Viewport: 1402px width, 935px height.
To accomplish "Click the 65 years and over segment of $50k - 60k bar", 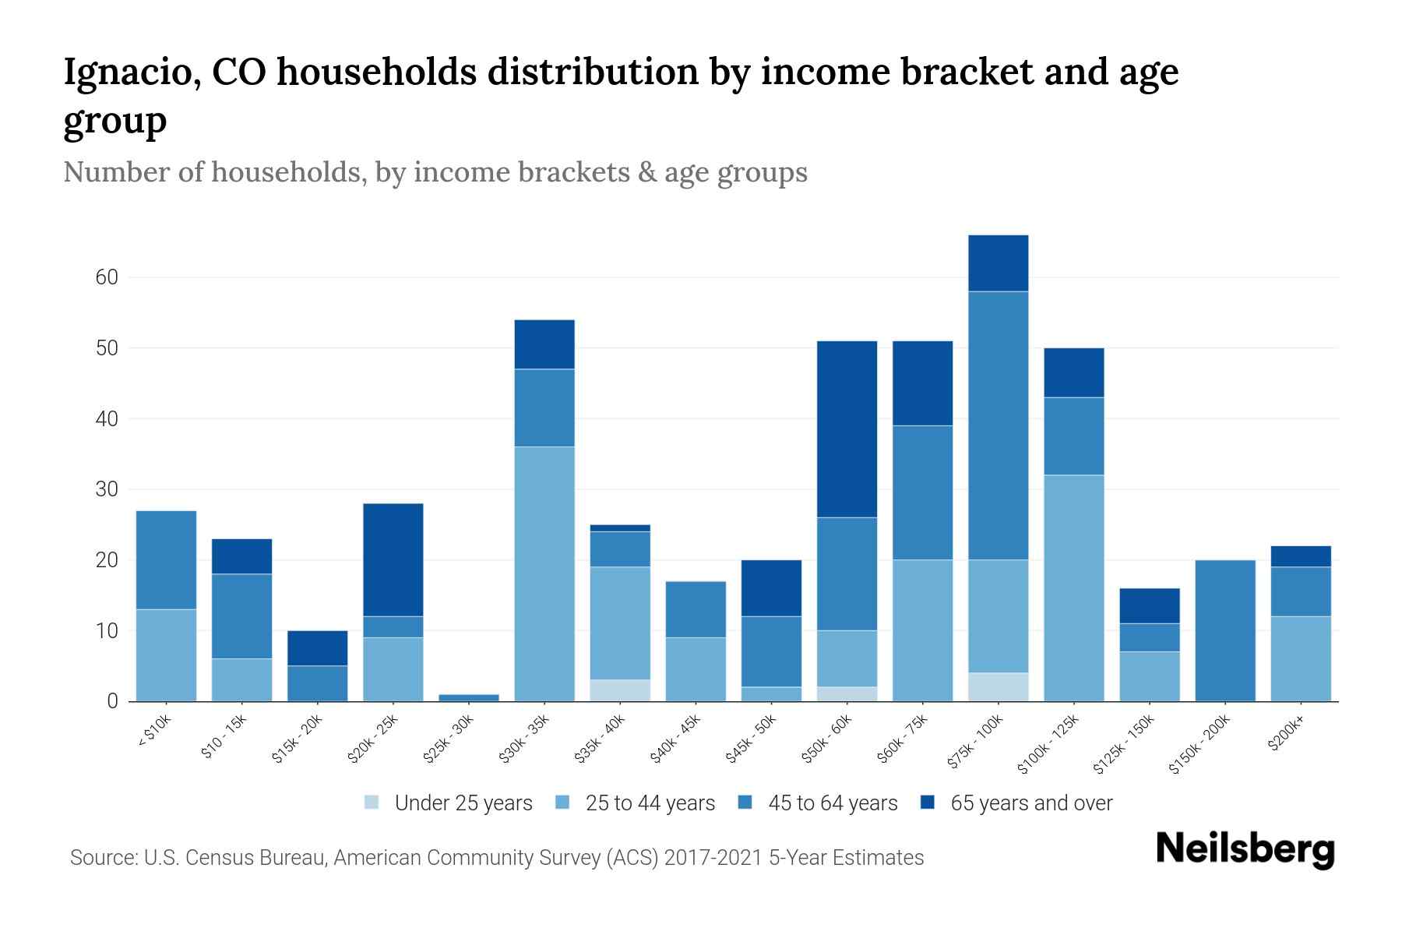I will (x=847, y=429).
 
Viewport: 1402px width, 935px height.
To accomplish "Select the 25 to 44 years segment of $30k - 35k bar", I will (x=544, y=573).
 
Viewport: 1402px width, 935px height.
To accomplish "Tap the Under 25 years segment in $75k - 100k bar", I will (x=998, y=686).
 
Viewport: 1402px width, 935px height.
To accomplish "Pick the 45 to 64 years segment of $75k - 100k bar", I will (x=998, y=425).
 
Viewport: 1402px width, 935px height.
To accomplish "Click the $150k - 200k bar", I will (x=1224, y=630).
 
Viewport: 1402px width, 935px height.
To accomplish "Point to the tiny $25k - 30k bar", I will (x=469, y=697).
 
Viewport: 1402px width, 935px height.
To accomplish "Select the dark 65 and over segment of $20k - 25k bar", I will (x=393, y=559).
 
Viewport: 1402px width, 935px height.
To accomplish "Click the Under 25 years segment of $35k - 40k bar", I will (x=620, y=690).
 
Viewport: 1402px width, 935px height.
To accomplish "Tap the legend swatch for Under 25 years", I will (x=372, y=802).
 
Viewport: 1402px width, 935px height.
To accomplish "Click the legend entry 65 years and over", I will (x=1030, y=803).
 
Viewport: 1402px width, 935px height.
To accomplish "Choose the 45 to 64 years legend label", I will (x=832, y=803).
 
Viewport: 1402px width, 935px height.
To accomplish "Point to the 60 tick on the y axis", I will (x=107, y=277).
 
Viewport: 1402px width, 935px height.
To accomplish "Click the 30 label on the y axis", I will (x=107, y=489).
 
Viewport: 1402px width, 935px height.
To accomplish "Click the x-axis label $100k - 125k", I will (x=1048, y=744).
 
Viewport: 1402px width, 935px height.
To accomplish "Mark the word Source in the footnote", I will (x=103, y=858).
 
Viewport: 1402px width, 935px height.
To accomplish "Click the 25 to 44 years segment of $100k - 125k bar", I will (x=1073, y=587).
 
